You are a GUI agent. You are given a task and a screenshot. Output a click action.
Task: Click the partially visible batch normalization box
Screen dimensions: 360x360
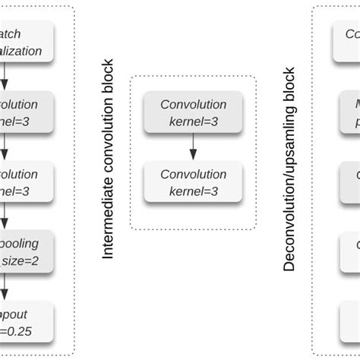[27, 43]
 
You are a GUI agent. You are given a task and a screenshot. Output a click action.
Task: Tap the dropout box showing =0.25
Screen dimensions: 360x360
[27, 321]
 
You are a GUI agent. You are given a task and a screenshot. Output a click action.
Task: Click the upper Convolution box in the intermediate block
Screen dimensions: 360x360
[193, 112]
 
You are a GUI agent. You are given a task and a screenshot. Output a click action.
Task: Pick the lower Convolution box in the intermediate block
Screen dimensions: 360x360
[193, 182]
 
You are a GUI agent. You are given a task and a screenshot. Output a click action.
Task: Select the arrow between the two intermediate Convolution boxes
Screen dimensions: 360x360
[193, 147]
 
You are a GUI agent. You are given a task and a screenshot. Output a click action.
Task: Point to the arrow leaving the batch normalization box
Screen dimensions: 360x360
[5, 77]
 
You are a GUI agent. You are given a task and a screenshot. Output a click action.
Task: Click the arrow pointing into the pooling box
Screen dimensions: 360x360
[5, 217]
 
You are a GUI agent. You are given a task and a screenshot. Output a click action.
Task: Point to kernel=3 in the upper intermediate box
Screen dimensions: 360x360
[193, 121]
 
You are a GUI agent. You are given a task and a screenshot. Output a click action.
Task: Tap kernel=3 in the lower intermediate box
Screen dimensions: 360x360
[193, 191]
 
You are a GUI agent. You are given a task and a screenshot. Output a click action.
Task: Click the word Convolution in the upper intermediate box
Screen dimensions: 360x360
[193, 105]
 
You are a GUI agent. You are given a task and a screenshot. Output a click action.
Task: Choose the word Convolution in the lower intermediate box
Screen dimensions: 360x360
[193, 175]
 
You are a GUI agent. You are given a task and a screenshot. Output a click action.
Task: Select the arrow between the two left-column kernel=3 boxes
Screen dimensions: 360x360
[5, 147]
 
